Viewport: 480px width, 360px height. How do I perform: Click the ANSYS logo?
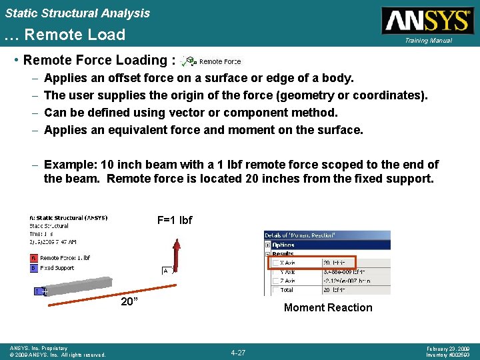pos(427,21)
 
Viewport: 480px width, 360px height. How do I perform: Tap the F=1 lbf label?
pos(175,220)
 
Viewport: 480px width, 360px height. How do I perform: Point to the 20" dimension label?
pos(129,301)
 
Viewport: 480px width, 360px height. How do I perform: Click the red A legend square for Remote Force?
pos(33,258)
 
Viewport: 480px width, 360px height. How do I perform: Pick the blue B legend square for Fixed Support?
pos(33,268)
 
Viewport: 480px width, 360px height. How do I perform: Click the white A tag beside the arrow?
pos(165,271)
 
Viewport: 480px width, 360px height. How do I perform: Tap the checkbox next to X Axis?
pos(275,263)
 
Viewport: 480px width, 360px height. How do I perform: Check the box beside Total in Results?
pos(275,290)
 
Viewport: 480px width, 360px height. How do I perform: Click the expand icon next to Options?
pos(268,245)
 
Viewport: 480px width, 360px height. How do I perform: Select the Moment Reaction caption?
pos(328,307)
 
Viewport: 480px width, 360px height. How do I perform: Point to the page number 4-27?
pos(238,352)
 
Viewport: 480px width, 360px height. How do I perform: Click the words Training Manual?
pos(427,41)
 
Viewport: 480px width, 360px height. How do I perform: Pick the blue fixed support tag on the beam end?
pos(38,291)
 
